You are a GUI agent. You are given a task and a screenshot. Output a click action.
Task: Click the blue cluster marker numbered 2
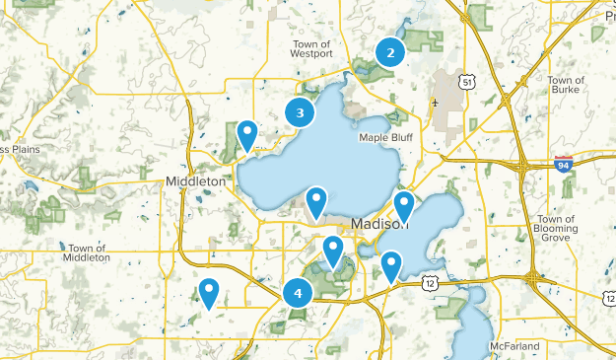pyautogui.click(x=390, y=53)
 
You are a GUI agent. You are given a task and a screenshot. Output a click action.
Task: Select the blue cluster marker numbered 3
pyautogui.click(x=301, y=112)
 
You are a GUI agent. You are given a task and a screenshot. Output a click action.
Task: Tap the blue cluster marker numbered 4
pyautogui.click(x=297, y=292)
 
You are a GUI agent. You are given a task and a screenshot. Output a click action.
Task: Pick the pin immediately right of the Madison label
pyautogui.click(x=404, y=206)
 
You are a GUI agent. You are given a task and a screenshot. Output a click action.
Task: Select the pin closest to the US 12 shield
pyautogui.click(x=392, y=266)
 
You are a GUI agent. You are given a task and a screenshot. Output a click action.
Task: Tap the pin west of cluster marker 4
pyautogui.click(x=209, y=293)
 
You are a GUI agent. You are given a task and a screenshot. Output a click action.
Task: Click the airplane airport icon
pyautogui.click(x=435, y=102)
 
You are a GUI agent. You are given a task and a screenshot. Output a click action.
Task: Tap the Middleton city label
pyautogui.click(x=195, y=181)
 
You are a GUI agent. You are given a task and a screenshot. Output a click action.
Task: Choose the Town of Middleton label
pyautogui.click(x=84, y=252)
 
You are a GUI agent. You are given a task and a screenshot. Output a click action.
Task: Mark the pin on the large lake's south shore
pyautogui.click(x=316, y=202)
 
